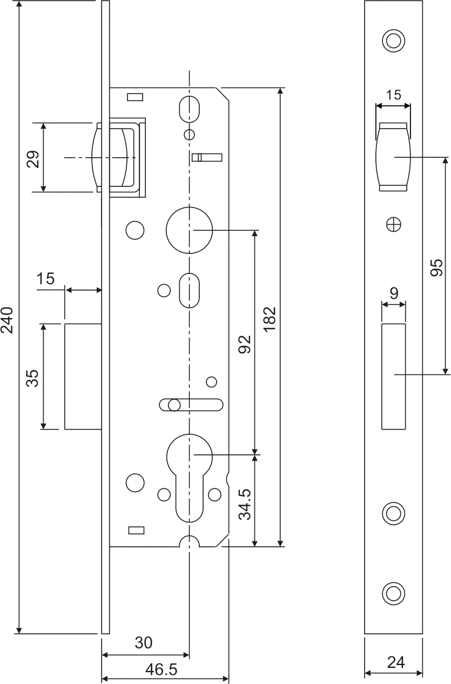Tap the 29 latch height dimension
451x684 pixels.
pyautogui.click(x=32, y=158)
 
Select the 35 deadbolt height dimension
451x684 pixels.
pyautogui.click(x=32, y=378)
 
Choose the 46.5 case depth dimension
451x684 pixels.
pyautogui.click(x=161, y=670)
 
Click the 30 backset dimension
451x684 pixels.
pyautogui.click(x=143, y=643)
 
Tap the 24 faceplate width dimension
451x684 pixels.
pyautogui.click(x=396, y=662)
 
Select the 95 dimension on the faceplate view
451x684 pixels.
pyautogui.click(x=436, y=267)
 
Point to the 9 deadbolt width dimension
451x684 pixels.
pyautogui.click(x=394, y=293)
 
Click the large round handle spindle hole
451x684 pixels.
pyautogui.click(x=189, y=230)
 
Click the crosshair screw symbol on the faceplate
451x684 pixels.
pyautogui.click(x=394, y=224)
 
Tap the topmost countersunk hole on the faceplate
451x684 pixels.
pyautogui.click(x=394, y=41)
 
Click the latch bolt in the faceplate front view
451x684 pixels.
pyautogui.click(x=394, y=157)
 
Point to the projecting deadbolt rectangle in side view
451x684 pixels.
pyautogui.click(x=83, y=377)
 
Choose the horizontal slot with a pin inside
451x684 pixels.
pyautogui.click(x=191, y=405)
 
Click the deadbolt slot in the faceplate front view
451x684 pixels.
pyautogui.click(x=394, y=377)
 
